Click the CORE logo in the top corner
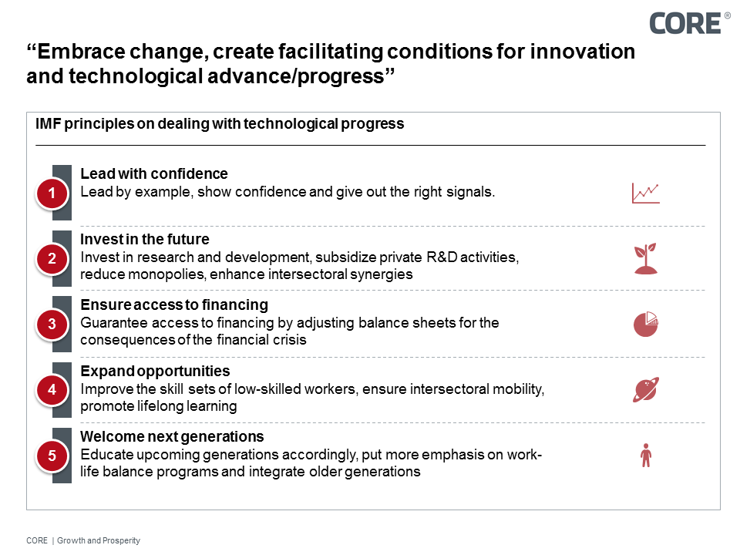[684, 23]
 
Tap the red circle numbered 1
[52, 193]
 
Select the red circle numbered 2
[52, 259]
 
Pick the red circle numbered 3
[52, 325]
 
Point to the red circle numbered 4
[52, 390]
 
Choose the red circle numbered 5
[52, 456]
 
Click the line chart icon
[646, 193]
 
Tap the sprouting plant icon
[646, 259]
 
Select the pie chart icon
[646, 325]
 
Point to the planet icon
[646, 390]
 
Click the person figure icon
[646, 456]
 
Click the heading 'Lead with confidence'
[154, 173]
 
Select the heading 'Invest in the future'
[145, 239]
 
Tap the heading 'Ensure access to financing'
[174, 304]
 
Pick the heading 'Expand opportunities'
[155, 371]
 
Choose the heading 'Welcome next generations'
[172, 437]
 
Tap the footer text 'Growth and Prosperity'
[99, 540]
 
